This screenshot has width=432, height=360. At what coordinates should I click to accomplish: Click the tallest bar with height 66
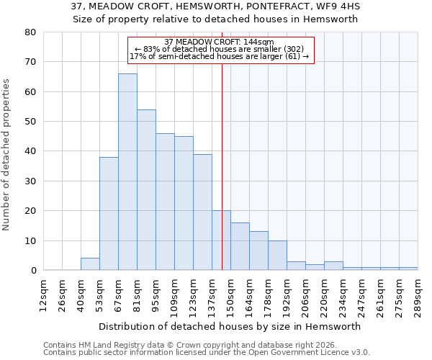[x=127, y=172]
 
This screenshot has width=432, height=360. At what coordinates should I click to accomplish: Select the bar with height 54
[x=146, y=190]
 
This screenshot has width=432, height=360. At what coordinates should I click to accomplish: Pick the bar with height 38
[x=109, y=214]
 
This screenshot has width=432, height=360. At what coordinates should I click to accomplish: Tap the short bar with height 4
[x=90, y=264]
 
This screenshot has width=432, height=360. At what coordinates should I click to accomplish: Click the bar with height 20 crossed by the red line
[x=217, y=240]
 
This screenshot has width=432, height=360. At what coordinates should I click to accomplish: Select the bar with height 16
[x=240, y=246]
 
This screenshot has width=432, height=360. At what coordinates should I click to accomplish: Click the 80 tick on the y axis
[x=30, y=32]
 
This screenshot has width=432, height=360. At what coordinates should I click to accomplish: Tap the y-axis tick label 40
[x=30, y=151]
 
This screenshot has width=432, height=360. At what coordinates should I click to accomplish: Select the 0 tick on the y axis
[x=32, y=271]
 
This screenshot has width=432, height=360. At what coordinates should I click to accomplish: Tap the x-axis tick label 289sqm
[x=418, y=296]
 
